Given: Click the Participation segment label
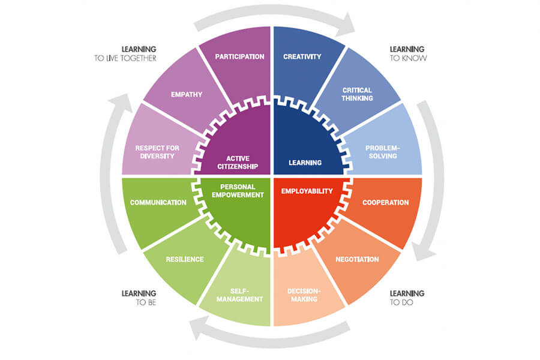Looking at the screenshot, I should [x=239, y=57].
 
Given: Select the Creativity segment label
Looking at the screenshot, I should [x=302, y=57].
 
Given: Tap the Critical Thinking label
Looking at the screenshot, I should [x=358, y=94].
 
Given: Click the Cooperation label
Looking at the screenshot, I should [x=385, y=202].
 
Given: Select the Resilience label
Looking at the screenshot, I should [x=184, y=259].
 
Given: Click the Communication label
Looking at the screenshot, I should [x=158, y=202].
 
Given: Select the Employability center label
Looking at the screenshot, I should [x=307, y=191].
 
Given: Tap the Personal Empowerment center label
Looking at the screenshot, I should [x=238, y=190].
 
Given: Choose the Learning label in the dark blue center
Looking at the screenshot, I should [x=305, y=162].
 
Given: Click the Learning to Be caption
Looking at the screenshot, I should [x=139, y=298].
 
